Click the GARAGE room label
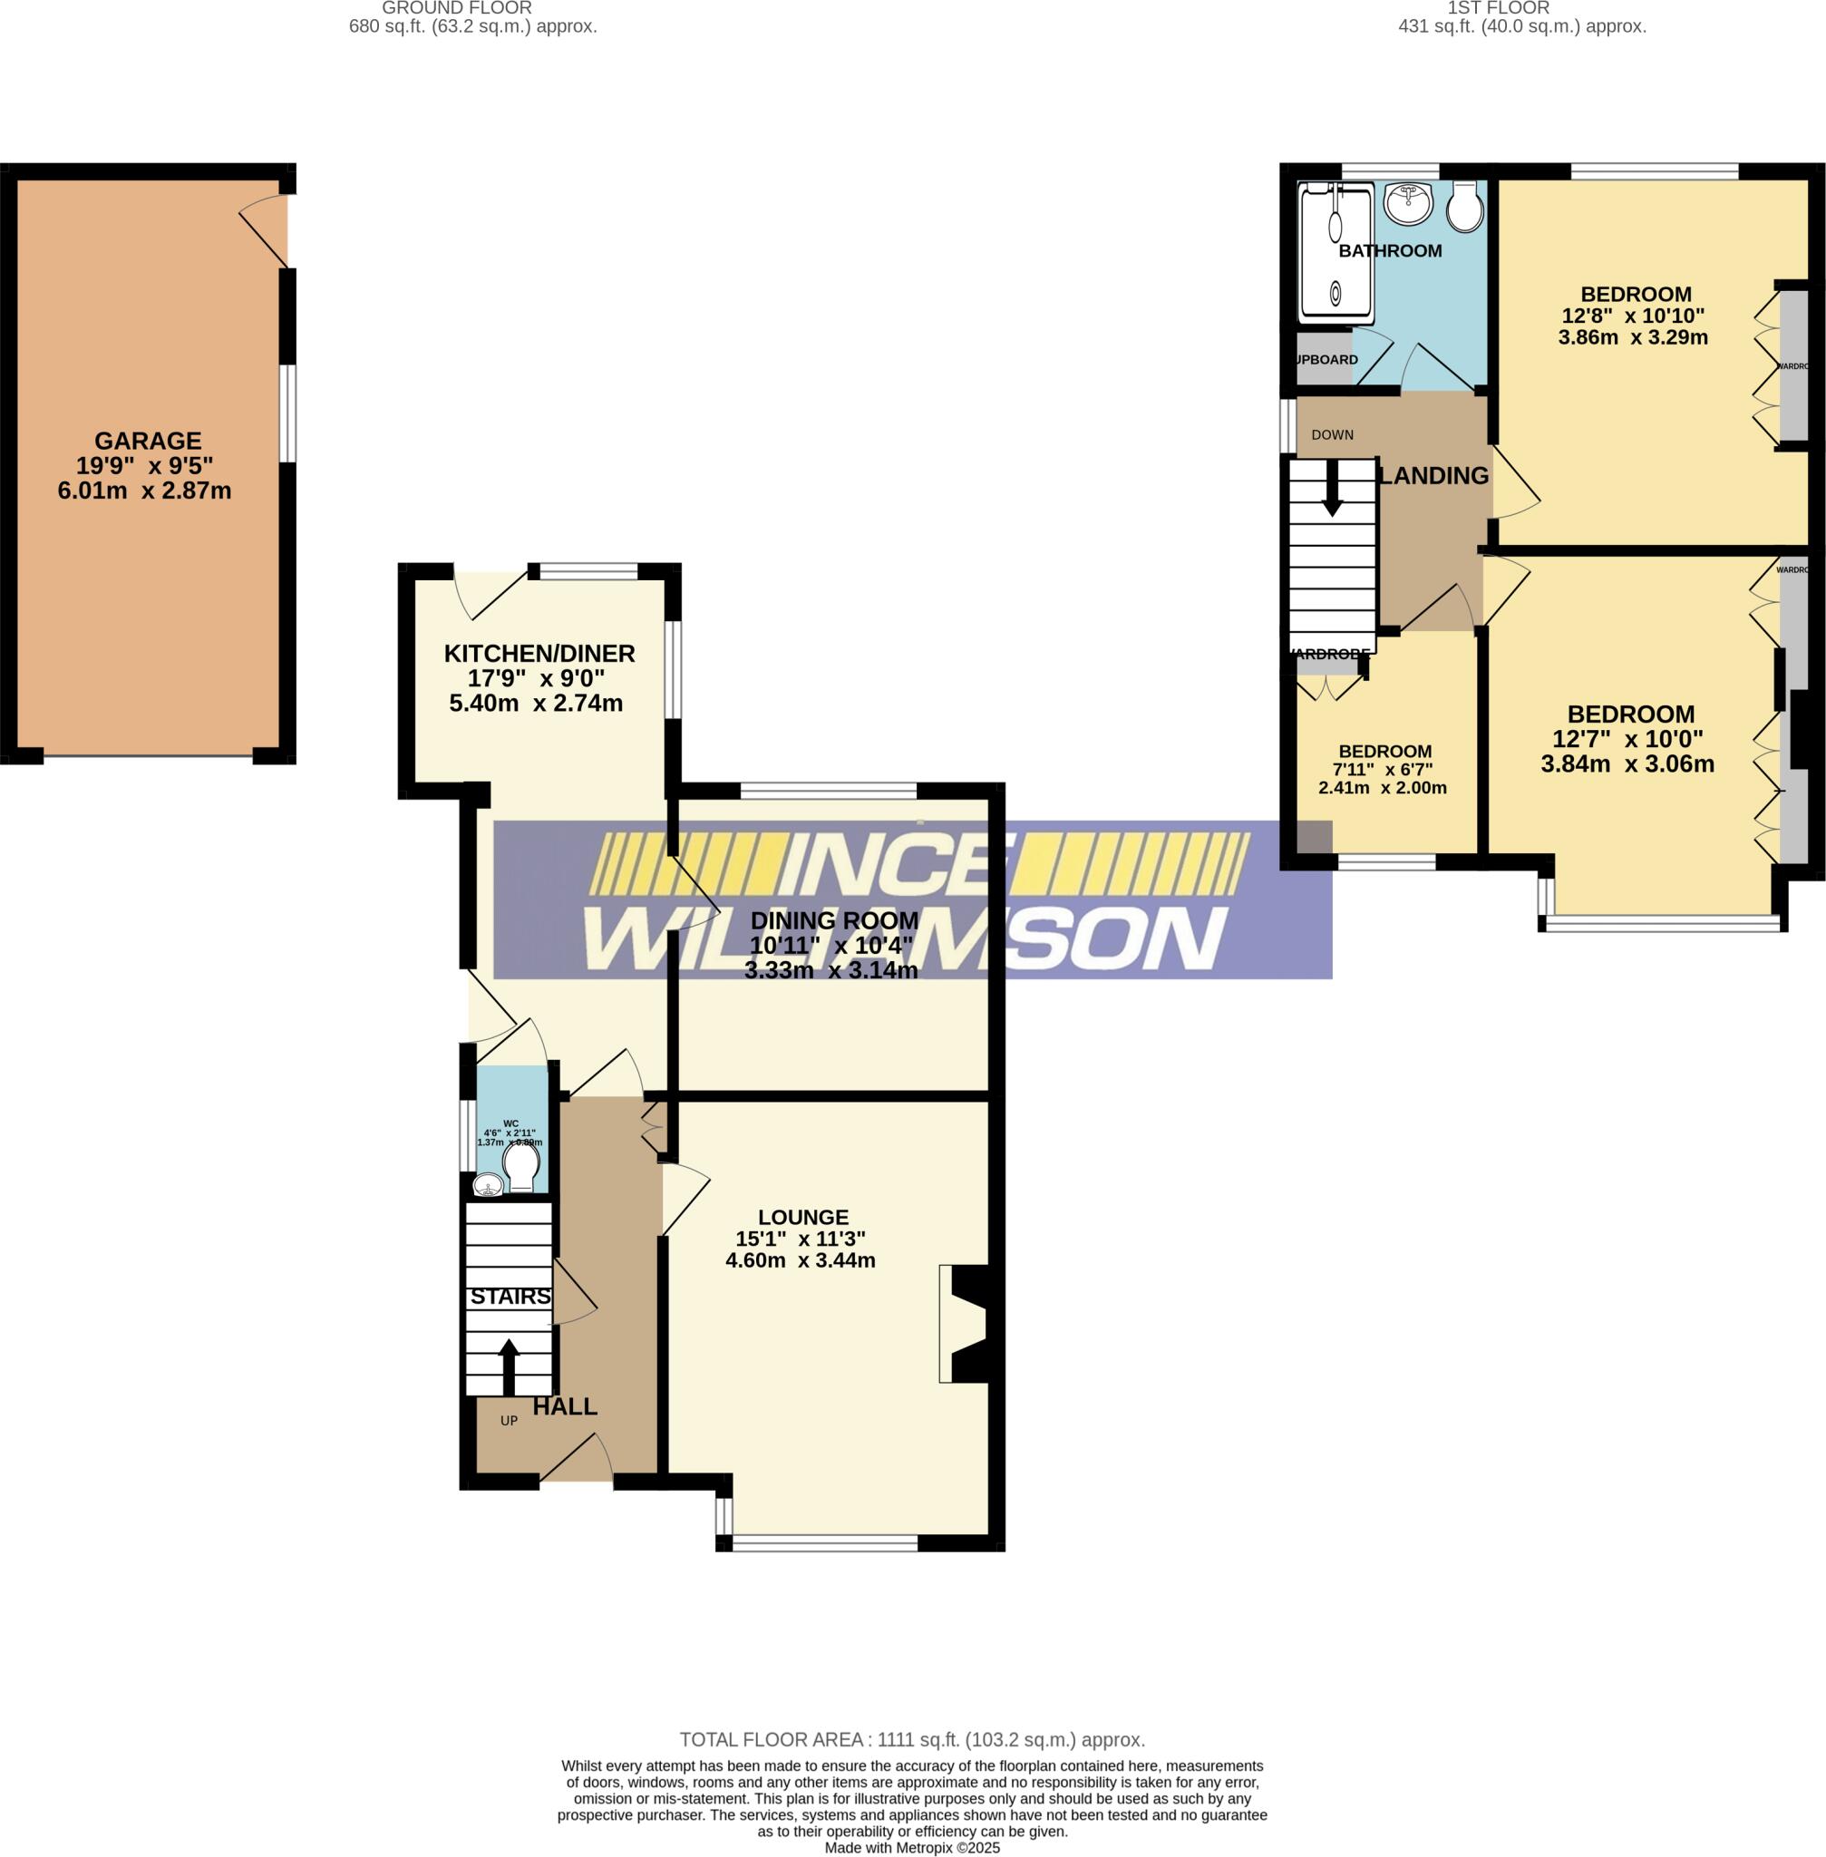(148, 442)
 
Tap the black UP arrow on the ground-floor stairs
(509, 1366)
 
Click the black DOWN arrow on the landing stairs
(1332, 491)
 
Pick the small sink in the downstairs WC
(488, 1188)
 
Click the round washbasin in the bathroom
(1408, 202)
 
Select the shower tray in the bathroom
(1335, 253)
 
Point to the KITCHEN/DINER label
(539, 654)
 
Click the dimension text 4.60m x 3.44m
(800, 1260)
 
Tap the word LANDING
(1433, 476)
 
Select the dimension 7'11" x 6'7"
(1382, 769)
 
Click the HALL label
(565, 1406)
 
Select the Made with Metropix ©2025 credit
(912, 1847)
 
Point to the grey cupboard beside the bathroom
(1325, 360)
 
